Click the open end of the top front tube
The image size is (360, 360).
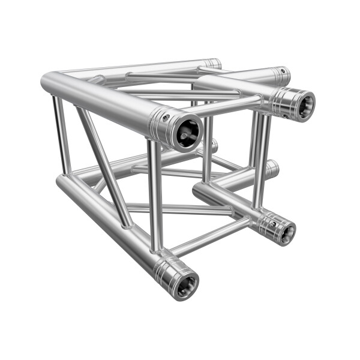(x=188, y=130)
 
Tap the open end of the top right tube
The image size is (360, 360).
(x=300, y=104)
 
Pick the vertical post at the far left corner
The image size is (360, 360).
(x=61, y=135)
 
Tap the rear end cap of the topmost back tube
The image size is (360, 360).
(x=213, y=63)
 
